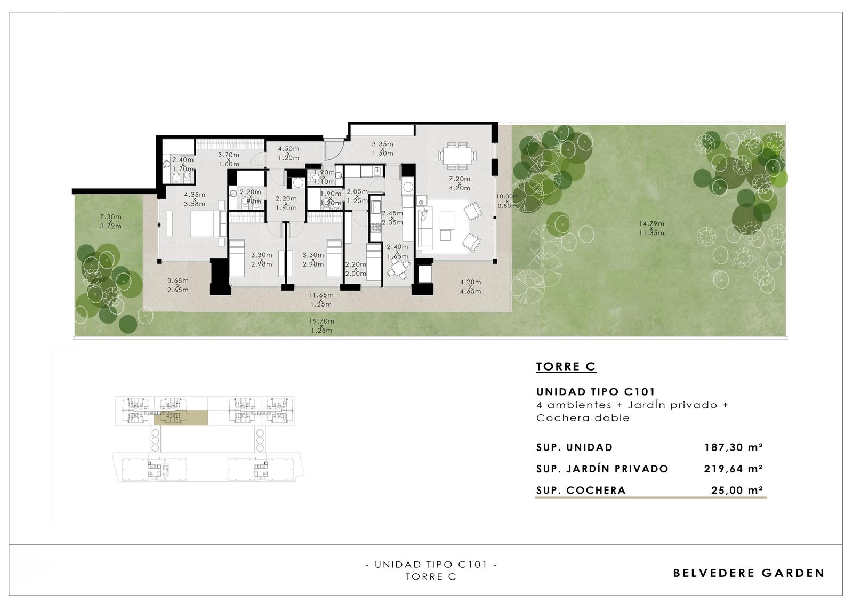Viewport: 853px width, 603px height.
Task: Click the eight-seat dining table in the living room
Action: point(457,156)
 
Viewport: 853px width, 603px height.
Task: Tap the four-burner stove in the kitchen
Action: point(376,228)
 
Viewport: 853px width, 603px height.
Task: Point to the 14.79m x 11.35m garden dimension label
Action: point(651,228)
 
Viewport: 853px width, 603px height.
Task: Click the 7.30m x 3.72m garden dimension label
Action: point(111,221)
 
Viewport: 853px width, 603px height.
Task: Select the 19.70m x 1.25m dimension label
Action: point(321,326)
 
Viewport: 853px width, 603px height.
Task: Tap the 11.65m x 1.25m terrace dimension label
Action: point(320,300)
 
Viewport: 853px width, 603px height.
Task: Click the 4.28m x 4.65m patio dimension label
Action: point(470,286)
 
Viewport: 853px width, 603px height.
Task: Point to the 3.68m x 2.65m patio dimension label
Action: point(178,285)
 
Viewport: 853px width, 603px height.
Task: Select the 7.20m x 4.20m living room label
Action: point(459,183)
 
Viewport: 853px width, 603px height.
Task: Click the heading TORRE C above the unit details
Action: point(566,366)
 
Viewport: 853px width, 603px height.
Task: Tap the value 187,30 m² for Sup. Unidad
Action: point(734,447)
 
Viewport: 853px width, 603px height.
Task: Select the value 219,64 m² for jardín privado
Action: point(734,469)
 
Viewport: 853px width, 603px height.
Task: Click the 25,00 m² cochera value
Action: point(737,491)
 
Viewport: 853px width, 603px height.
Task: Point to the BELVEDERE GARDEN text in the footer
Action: point(749,573)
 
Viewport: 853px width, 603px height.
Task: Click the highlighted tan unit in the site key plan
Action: point(181,417)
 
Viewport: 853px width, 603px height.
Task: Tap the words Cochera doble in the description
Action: point(583,418)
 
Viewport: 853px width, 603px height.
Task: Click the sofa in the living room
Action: point(423,225)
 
